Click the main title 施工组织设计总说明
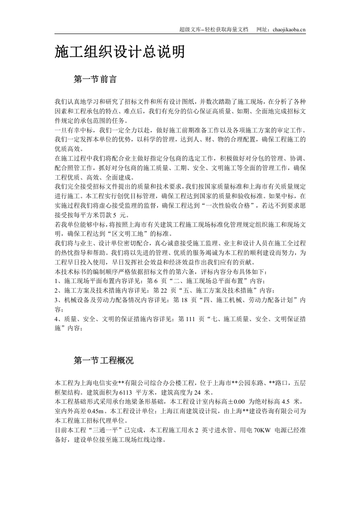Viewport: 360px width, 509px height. click(x=120, y=52)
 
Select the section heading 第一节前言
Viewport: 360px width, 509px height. click(x=95, y=79)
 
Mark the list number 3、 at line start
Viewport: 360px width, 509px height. click(x=57, y=300)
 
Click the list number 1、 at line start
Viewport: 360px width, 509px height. click(x=57, y=281)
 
